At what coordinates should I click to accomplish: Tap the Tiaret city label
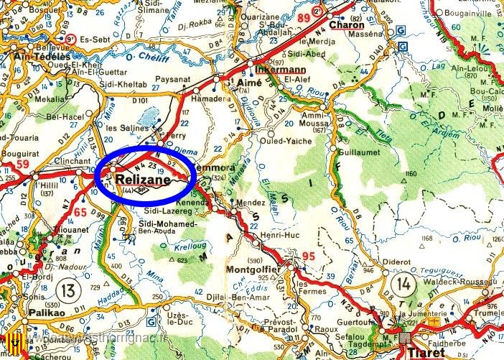[x=428, y=353]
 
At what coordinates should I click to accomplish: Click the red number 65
[x=80, y=212]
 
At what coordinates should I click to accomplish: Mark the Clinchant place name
[x=72, y=162]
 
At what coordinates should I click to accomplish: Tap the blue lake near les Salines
[x=150, y=116]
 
